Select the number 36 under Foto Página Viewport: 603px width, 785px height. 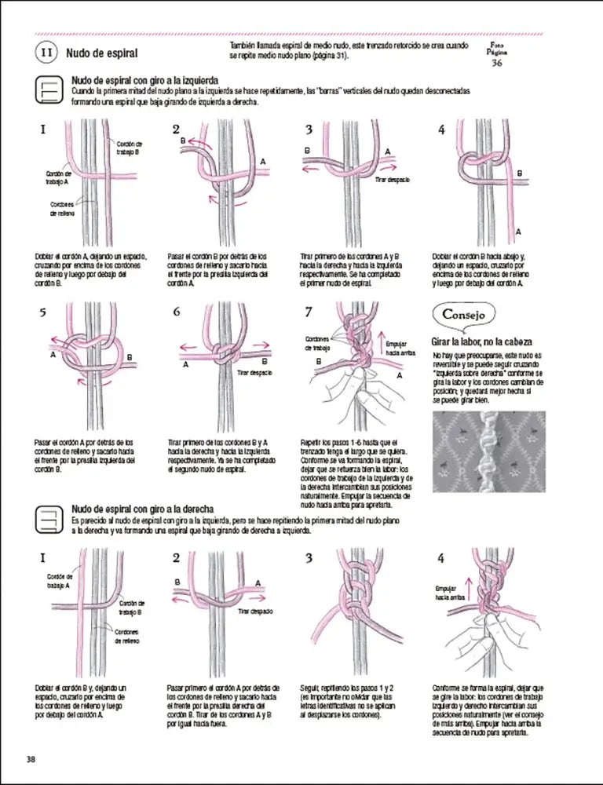[x=496, y=64]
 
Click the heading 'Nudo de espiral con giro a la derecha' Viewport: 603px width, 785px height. [x=143, y=509]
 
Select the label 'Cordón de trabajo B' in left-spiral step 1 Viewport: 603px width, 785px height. [x=129, y=148]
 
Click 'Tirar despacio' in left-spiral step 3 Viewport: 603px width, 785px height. [x=393, y=180]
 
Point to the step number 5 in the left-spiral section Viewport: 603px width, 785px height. [x=43, y=312]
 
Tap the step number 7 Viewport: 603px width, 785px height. [x=309, y=312]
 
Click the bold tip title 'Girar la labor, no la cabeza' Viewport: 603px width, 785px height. [x=482, y=342]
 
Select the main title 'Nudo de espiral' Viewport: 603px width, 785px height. [x=102, y=53]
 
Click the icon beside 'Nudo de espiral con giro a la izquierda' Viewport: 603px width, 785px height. [x=49, y=91]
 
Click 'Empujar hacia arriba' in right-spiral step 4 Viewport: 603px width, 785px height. [x=446, y=593]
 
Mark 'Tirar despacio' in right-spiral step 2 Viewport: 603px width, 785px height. [x=257, y=610]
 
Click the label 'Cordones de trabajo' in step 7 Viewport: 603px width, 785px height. [x=317, y=343]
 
